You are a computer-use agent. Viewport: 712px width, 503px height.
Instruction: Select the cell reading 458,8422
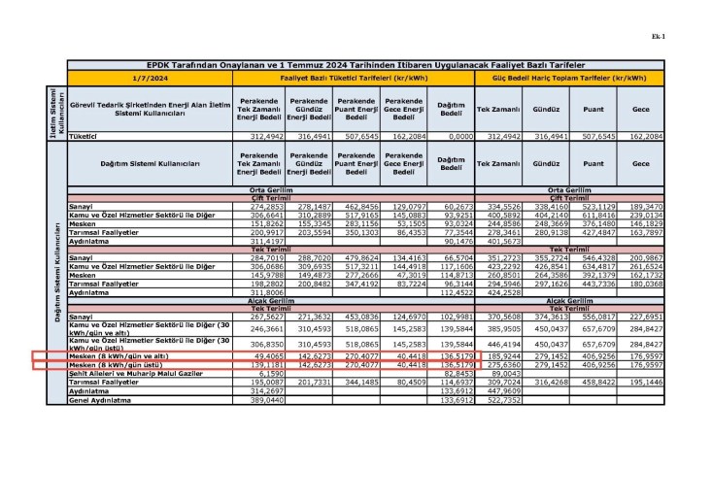599,383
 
